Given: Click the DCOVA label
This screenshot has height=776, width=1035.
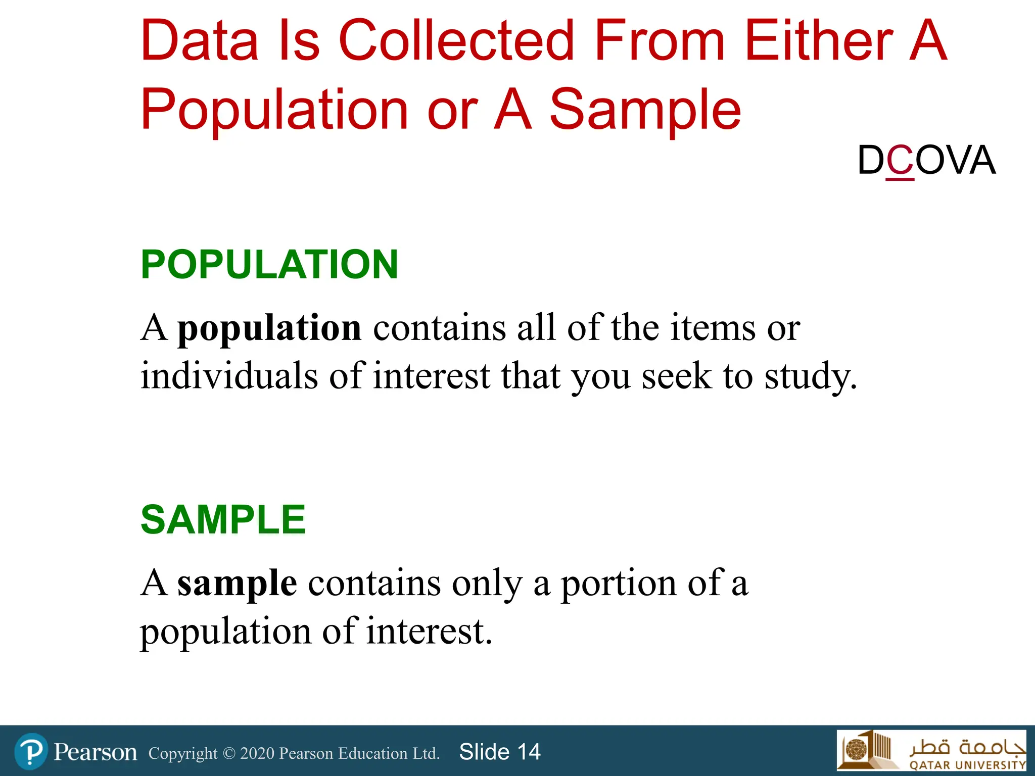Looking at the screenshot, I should point(926,161).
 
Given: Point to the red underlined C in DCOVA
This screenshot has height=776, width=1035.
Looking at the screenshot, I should point(900,161).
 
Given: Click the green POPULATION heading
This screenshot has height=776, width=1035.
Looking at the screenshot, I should point(269,264).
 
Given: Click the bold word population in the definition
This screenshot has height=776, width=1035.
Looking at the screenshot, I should point(269,328).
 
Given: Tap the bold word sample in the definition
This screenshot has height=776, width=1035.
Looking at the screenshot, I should point(237,584).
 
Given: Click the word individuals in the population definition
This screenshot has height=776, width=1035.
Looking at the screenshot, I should point(229,376).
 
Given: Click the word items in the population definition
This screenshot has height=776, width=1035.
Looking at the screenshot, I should point(713,328).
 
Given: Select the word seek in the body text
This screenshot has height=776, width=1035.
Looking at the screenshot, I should point(677,376).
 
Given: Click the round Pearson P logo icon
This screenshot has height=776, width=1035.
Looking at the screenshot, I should point(31,752).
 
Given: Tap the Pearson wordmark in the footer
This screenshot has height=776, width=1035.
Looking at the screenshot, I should point(96,752).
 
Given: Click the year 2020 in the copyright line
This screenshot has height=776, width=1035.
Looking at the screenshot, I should point(257,753).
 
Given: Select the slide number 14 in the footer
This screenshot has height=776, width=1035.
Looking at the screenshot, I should point(529,752).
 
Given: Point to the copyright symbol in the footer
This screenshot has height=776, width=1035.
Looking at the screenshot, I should point(229,753).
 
